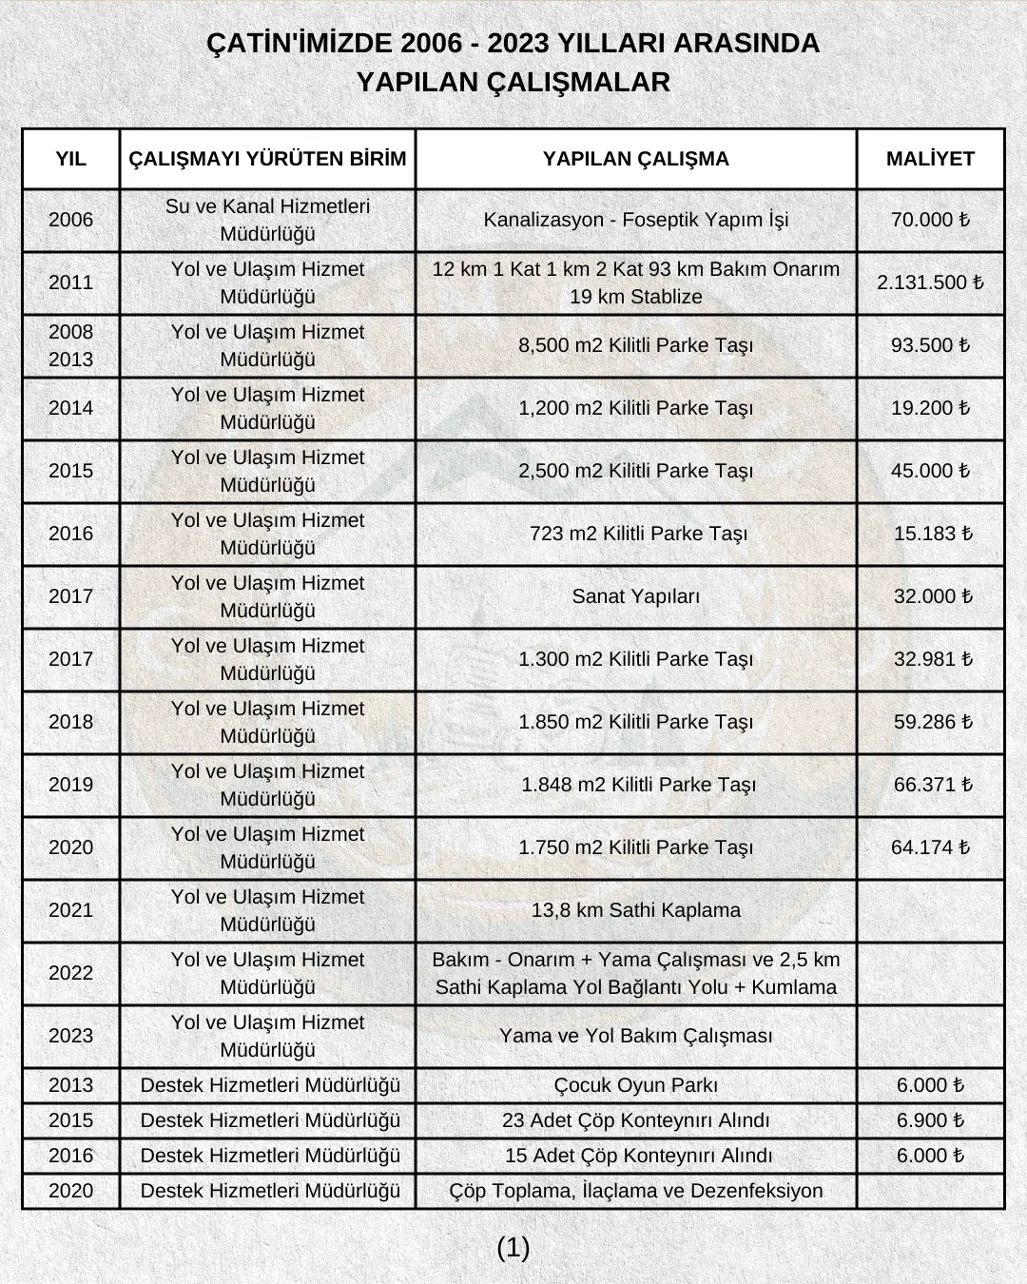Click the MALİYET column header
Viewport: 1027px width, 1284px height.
930,159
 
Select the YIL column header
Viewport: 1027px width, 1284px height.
70,159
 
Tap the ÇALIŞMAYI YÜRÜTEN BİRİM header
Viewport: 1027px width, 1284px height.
267,159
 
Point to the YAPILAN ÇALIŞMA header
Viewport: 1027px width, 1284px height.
635,159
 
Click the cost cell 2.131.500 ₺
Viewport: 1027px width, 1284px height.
930,282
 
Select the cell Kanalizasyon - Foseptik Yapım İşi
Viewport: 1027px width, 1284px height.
635,220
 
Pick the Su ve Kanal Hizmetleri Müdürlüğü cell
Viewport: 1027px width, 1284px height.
267,220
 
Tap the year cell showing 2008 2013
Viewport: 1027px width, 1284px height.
70,345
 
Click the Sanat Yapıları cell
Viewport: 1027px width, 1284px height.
635,596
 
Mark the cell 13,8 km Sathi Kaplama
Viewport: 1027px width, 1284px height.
635,910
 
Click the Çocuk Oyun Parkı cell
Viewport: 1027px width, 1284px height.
635,1085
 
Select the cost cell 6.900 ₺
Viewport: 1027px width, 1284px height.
930,1120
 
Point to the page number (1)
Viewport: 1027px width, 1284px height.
513,1248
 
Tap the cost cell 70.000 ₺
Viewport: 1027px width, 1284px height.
930,220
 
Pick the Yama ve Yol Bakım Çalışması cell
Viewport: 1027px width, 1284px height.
635,1036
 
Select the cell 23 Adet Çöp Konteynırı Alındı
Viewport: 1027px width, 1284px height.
635,1120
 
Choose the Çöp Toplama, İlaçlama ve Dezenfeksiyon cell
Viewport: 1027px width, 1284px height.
635,1191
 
